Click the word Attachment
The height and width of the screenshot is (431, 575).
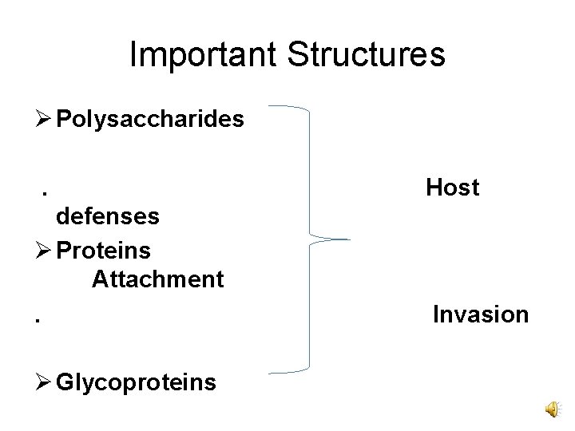158,279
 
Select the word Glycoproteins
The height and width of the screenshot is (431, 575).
137,382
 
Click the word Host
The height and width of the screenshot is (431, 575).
453,188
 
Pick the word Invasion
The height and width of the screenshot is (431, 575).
481,314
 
